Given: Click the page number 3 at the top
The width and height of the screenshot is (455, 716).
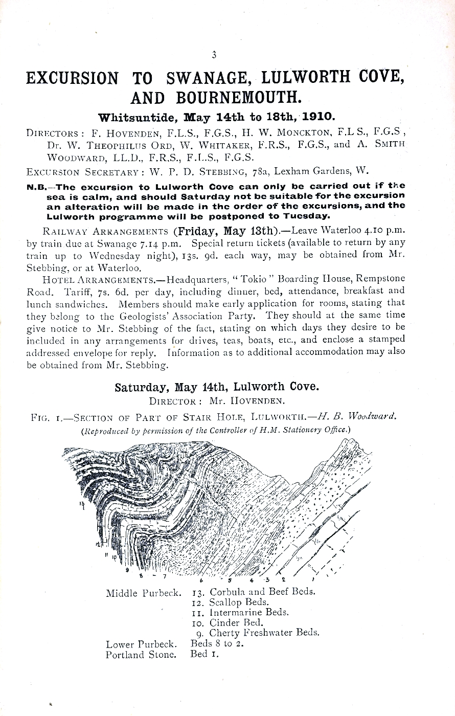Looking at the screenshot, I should point(214,55).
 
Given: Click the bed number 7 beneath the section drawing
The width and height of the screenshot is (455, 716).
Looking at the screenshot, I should point(165,578).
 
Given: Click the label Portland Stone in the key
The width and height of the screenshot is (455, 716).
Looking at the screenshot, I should point(141,655).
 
